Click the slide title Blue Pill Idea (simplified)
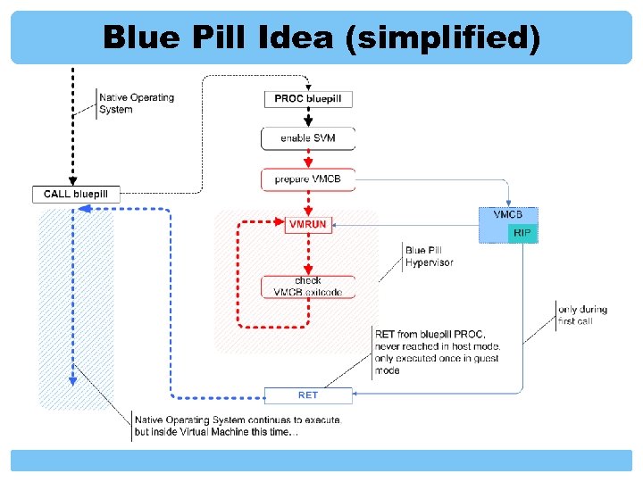(x=321, y=37)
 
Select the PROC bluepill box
(x=308, y=98)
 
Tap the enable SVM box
(x=308, y=138)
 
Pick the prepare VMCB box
(x=308, y=179)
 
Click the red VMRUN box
(x=307, y=225)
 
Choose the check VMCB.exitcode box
(x=308, y=287)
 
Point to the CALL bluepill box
(x=76, y=194)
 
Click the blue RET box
(x=308, y=395)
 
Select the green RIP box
(x=522, y=232)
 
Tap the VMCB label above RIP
(x=509, y=214)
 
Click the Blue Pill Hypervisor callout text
(x=429, y=256)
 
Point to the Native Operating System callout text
(x=136, y=104)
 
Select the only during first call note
(x=582, y=315)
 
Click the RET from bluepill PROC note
(x=437, y=352)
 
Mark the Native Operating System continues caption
(x=237, y=426)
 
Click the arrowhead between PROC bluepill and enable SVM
(x=308, y=120)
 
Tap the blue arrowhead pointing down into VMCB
(x=508, y=202)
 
